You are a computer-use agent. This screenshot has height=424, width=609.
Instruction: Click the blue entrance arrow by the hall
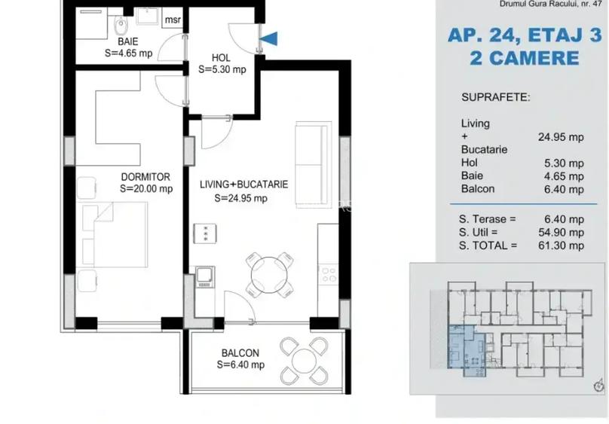click(x=270, y=38)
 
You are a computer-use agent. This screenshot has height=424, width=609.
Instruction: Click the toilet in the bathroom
click(x=121, y=27)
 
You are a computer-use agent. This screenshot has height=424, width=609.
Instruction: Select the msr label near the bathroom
click(x=172, y=20)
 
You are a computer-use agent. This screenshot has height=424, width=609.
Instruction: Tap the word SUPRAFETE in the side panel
click(x=495, y=98)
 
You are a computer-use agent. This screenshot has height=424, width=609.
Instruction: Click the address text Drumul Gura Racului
click(x=541, y=5)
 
